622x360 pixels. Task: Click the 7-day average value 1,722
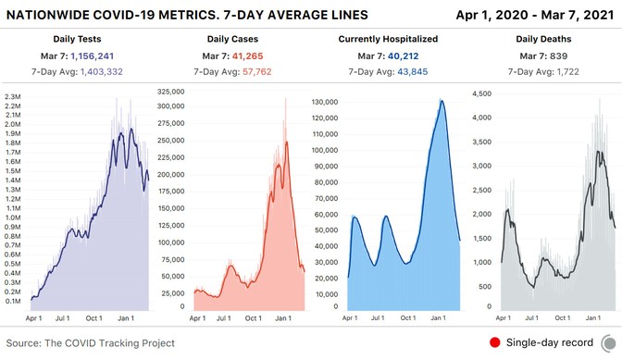(570, 71)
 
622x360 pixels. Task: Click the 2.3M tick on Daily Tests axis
(13, 97)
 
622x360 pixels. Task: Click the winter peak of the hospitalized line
(442, 101)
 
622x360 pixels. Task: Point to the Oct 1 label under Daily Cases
(253, 318)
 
